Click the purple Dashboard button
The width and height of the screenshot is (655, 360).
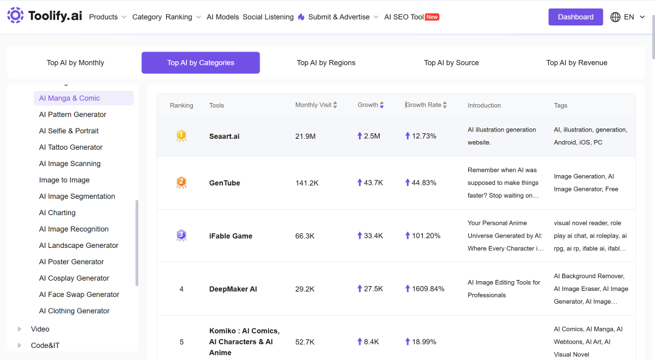click(575, 17)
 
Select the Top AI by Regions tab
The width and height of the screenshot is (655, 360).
click(326, 62)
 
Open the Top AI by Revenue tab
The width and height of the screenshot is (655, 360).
click(577, 62)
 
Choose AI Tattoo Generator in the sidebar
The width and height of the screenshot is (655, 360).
click(70, 147)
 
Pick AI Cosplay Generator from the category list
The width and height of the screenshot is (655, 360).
click(74, 278)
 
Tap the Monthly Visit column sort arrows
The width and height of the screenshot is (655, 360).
click(335, 105)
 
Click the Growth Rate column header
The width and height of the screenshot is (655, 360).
click(423, 105)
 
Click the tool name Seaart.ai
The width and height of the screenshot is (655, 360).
click(224, 136)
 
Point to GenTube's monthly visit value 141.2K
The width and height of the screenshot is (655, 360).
click(307, 183)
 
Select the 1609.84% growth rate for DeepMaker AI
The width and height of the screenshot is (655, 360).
click(428, 288)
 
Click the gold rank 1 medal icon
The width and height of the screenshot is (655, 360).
click(181, 136)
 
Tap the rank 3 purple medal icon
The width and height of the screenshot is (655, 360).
click(181, 236)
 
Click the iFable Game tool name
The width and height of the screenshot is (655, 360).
click(230, 236)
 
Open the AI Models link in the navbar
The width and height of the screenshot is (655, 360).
click(223, 17)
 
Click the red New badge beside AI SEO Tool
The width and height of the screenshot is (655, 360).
click(432, 17)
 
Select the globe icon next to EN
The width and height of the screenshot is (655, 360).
click(616, 17)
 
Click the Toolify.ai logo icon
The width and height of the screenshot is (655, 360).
click(15, 15)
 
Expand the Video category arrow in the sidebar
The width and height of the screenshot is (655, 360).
click(19, 329)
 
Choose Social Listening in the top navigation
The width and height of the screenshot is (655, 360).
click(268, 17)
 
